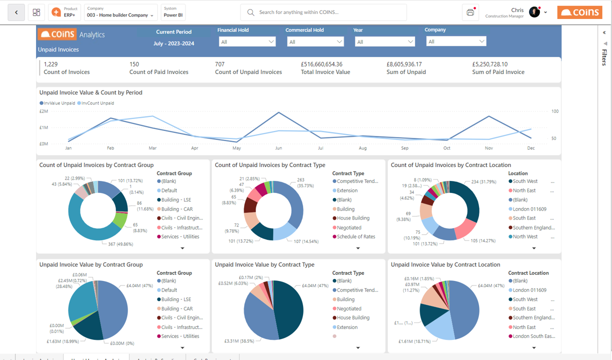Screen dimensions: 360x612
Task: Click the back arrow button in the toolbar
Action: coord(16,12)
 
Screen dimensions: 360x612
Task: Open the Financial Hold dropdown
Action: coord(247,42)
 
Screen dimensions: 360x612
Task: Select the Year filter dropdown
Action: coord(384,42)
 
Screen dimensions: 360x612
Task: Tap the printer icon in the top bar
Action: coord(470,12)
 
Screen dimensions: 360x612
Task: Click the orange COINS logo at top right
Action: coord(579,12)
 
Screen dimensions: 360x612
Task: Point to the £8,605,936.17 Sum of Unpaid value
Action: coord(404,64)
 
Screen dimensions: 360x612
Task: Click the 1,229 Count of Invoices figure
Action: coord(51,64)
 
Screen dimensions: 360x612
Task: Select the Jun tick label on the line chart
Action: coord(278,148)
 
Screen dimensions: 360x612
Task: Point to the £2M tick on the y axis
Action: coord(43,111)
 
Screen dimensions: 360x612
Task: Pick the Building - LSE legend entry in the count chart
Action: coord(176,200)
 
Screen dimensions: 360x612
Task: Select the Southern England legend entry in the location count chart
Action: coord(533,227)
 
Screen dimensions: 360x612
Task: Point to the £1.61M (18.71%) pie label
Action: coord(414,341)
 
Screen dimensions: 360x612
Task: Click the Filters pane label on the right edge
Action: coord(604,57)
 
